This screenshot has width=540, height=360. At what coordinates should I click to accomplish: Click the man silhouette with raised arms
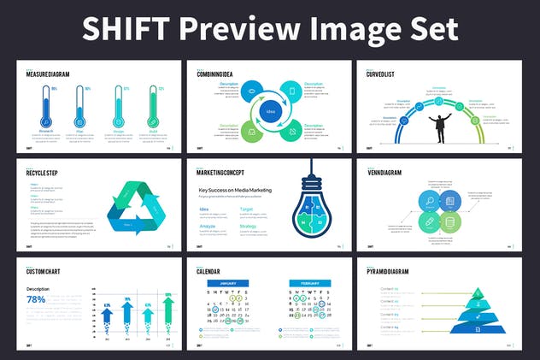pos(442,125)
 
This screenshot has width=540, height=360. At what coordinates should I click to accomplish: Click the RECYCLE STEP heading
pos(43,172)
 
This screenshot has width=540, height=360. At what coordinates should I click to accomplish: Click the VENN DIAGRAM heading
pos(384,172)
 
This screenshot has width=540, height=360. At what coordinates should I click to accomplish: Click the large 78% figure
pos(36,300)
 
